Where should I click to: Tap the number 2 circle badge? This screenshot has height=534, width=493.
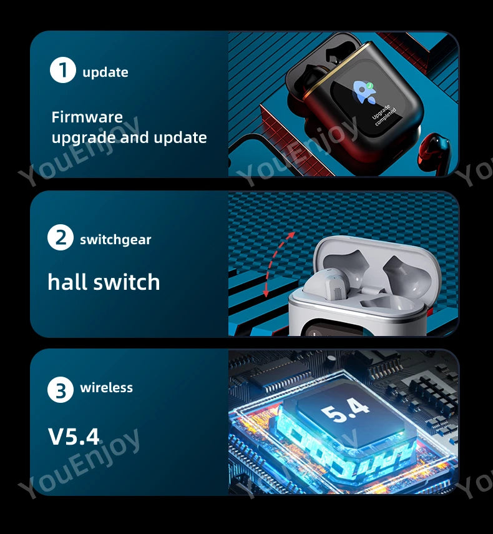61,237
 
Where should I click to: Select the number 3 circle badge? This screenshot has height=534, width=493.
61,390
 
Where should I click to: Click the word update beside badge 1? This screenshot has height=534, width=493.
105,72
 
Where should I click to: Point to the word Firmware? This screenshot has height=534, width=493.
87,117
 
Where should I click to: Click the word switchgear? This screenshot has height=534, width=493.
115,239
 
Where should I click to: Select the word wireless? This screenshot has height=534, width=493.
106,388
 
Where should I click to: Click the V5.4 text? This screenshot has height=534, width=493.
74,436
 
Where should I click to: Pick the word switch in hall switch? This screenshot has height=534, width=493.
128,282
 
